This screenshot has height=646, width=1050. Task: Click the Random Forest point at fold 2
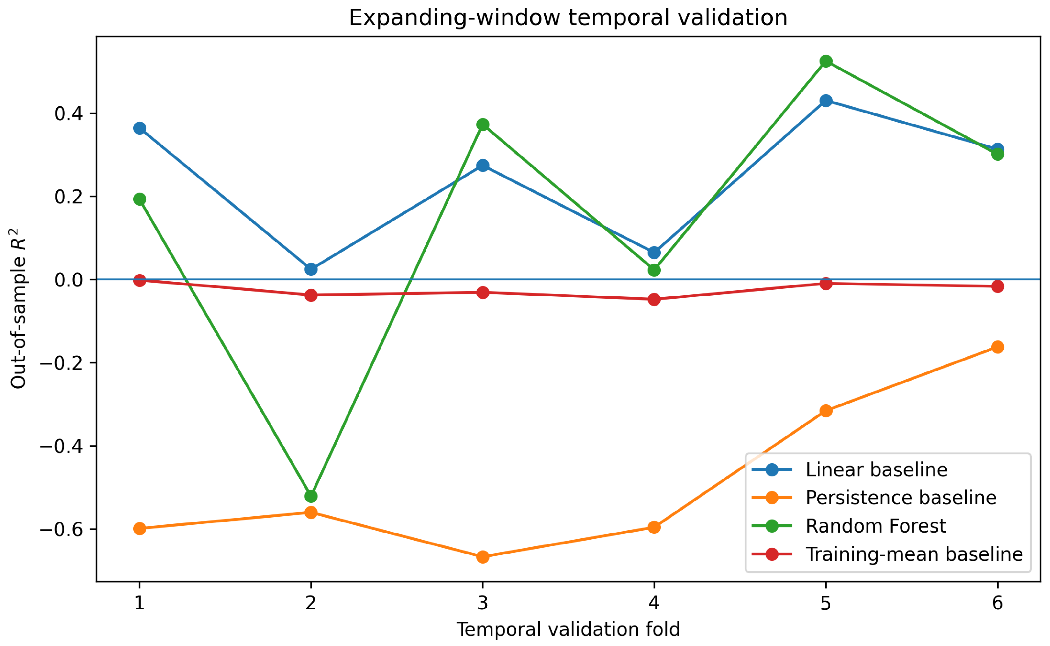point(311,496)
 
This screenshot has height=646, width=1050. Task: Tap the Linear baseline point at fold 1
point(139,128)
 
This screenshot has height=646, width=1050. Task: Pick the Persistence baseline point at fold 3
point(483,557)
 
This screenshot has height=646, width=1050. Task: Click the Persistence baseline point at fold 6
point(997,347)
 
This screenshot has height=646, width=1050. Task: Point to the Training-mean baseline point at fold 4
point(654,299)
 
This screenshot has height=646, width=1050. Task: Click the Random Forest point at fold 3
point(483,124)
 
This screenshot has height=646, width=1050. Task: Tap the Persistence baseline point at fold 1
point(139,529)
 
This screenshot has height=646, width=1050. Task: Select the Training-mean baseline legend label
point(914,554)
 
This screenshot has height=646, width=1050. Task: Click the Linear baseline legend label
point(877,469)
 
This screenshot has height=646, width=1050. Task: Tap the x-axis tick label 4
point(654,602)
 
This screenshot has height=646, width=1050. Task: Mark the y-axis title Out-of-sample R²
point(18,308)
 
